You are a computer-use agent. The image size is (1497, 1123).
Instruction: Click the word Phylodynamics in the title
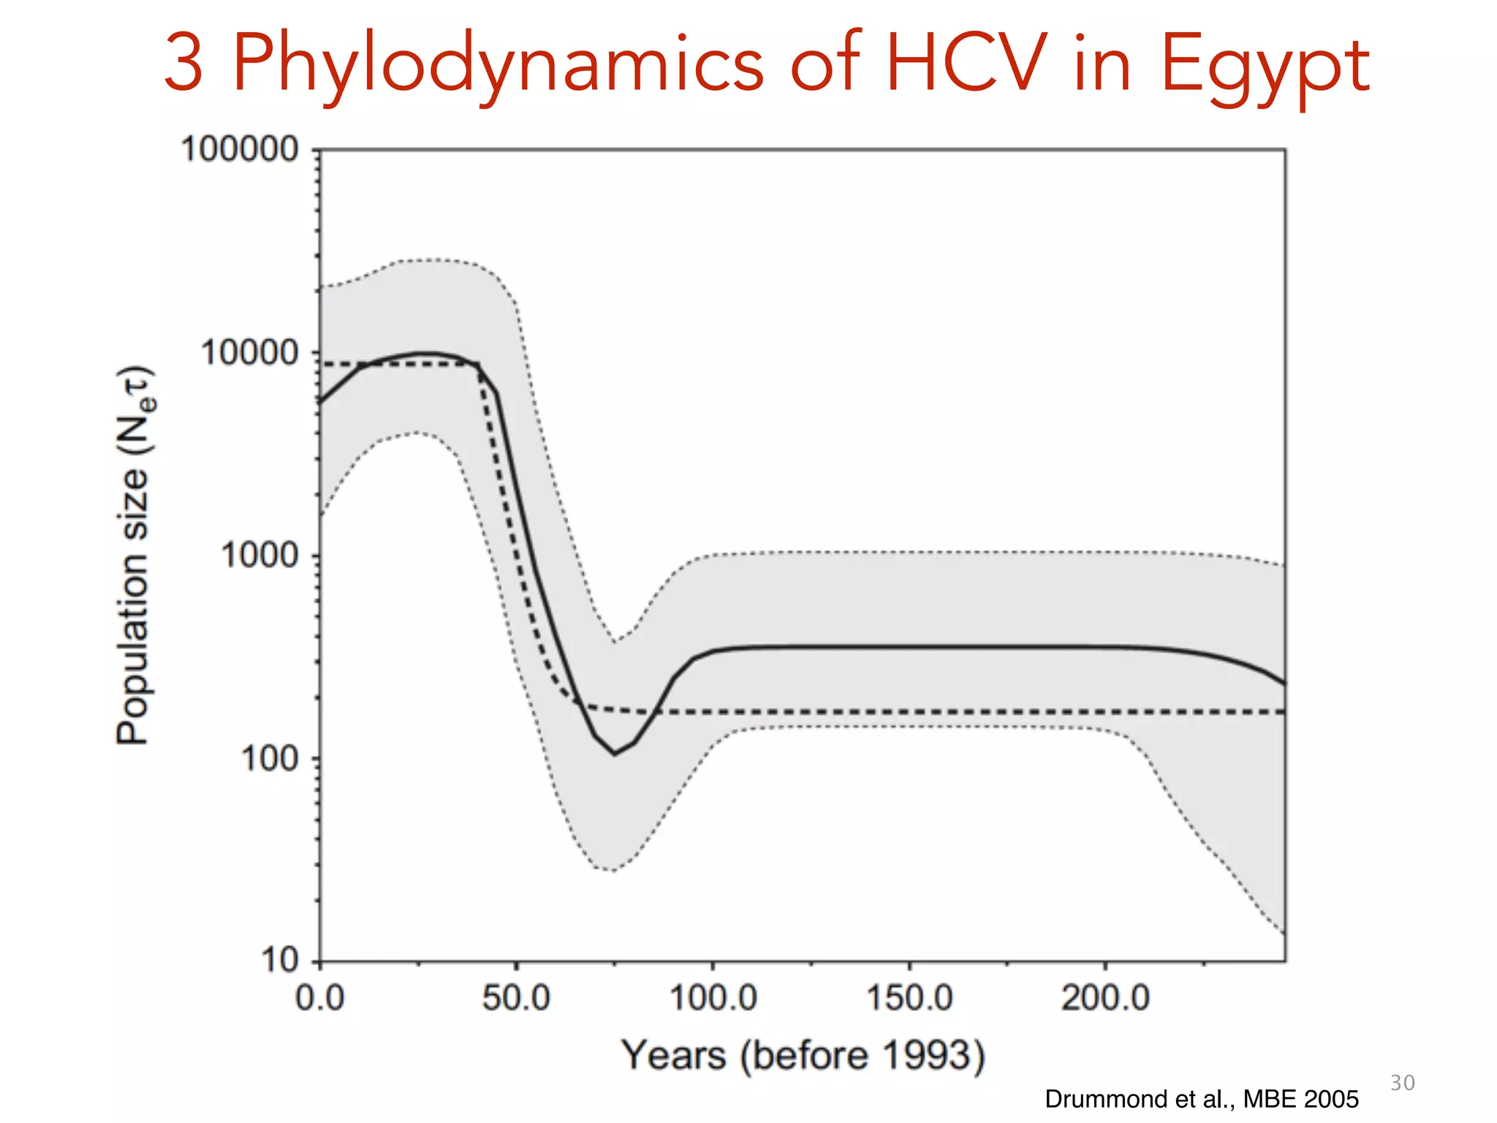click(x=498, y=66)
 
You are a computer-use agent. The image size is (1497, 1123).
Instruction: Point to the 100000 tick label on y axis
click(x=240, y=150)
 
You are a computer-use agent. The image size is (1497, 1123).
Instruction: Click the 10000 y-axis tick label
click(x=250, y=353)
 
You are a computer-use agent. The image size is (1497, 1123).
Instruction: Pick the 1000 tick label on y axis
click(x=259, y=556)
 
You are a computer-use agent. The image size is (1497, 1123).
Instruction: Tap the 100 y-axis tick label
click(x=270, y=759)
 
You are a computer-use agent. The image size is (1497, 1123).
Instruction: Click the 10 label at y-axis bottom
click(x=280, y=959)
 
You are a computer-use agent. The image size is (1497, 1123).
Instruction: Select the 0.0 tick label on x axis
click(x=320, y=998)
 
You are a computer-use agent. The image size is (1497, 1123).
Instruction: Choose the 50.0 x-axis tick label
click(x=516, y=998)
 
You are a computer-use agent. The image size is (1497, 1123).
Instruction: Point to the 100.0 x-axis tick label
click(x=713, y=998)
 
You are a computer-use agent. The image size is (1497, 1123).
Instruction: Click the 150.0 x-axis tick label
click(x=909, y=998)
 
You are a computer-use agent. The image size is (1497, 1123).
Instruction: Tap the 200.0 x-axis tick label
click(x=1105, y=998)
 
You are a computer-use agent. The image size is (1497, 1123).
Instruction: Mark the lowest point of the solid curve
click(x=615, y=754)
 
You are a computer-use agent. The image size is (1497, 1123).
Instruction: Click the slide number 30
click(x=1402, y=1083)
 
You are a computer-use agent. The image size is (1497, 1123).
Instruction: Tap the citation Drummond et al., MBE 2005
click(x=1201, y=1099)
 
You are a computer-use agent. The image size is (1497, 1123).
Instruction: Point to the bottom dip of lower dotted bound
click(x=613, y=871)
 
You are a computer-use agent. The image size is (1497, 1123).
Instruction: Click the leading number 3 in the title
click(x=183, y=66)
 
